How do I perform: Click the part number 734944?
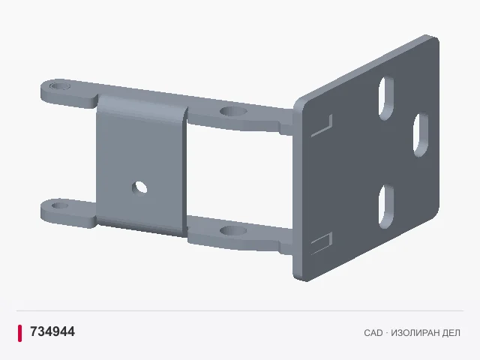(52, 331)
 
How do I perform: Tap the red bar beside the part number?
(20, 333)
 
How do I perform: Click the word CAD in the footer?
(373, 333)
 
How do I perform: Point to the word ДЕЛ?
(451, 333)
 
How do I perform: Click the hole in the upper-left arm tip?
(60, 85)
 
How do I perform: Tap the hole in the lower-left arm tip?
(60, 205)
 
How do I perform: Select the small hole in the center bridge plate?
(139, 187)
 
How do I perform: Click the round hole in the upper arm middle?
(233, 111)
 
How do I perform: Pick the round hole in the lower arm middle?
(233, 230)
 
